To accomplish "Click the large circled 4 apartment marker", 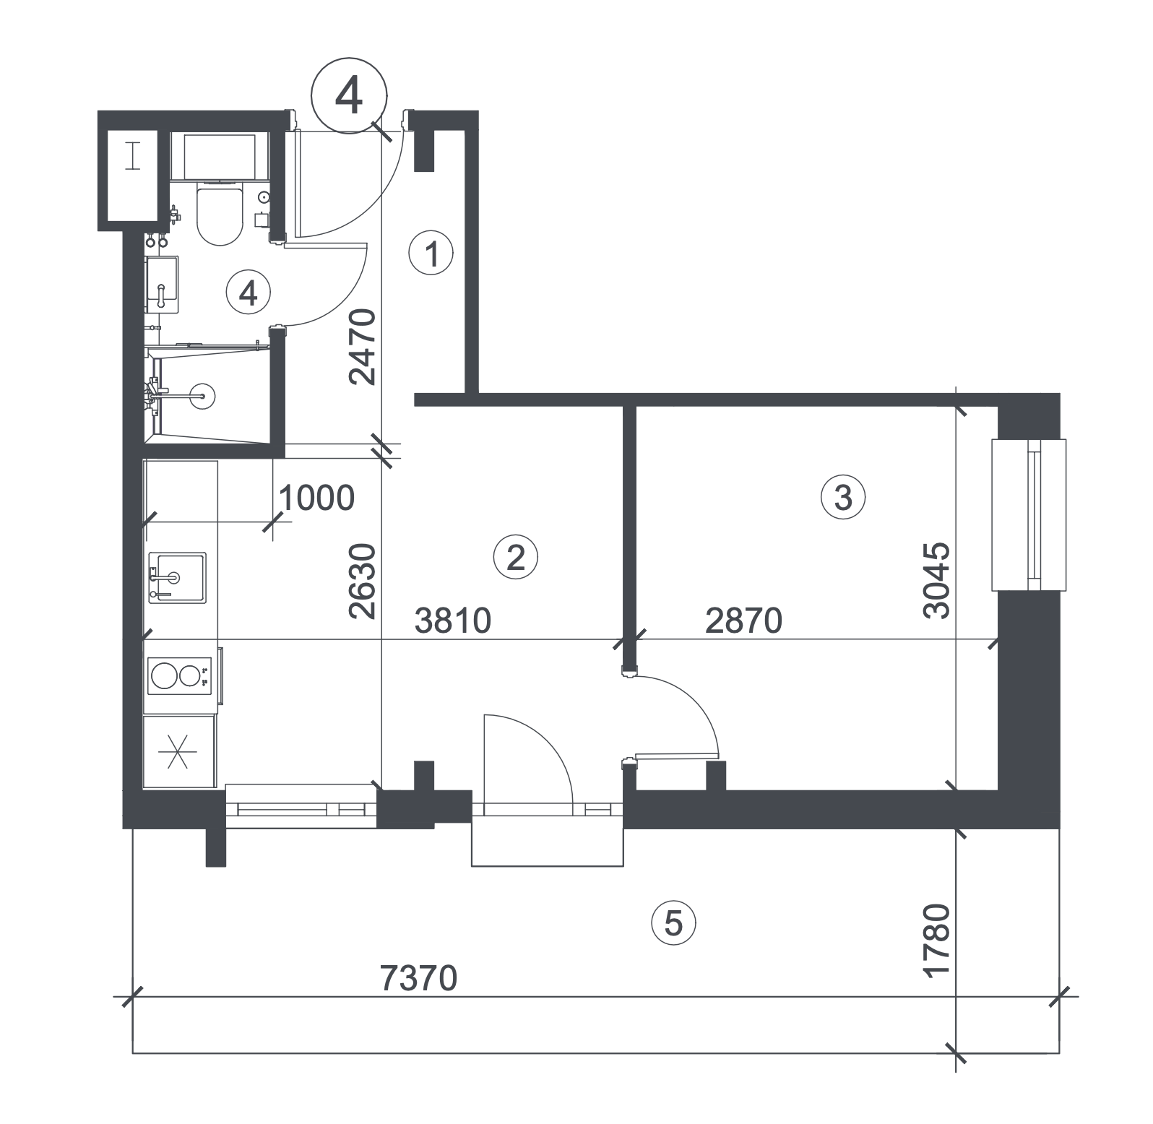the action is tap(349, 95).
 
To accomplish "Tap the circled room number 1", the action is tap(431, 254).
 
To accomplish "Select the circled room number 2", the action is tap(516, 558).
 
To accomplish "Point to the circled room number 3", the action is tap(842, 498).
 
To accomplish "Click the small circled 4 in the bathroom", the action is tap(248, 293).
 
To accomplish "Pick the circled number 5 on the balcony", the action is tap(673, 922).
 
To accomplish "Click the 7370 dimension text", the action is tap(419, 979).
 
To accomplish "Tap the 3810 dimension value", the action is tap(453, 621).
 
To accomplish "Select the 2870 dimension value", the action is tap(743, 621).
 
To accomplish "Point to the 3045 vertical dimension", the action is tap(936, 581).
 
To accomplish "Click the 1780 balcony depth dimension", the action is tap(938, 941).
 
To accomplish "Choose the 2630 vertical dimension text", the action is tap(362, 582).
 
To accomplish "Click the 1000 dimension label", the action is tap(316, 498).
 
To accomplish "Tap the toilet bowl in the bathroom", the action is tap(219, 214).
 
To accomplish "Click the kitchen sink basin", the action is tap(177, 578).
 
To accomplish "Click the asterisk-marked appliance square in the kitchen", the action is tap(178, 751).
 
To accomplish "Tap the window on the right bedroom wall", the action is tap(1029, 515).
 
